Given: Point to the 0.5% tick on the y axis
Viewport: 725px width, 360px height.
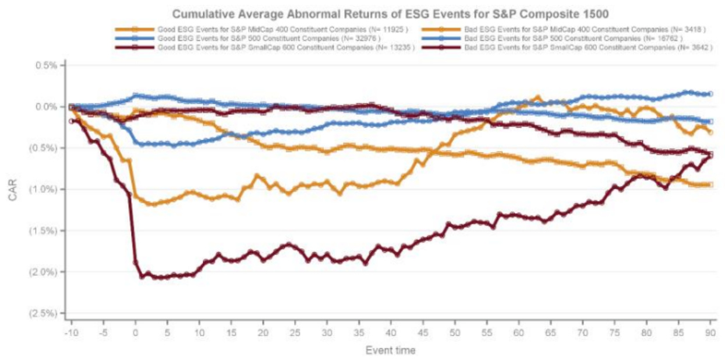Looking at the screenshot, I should click(45, 65).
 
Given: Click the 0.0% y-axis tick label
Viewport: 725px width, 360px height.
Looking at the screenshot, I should click(45, 107).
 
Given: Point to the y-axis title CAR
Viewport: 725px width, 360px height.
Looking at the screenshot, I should click(13, 190).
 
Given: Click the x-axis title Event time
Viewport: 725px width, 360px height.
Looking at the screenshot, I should click(390, 350).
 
